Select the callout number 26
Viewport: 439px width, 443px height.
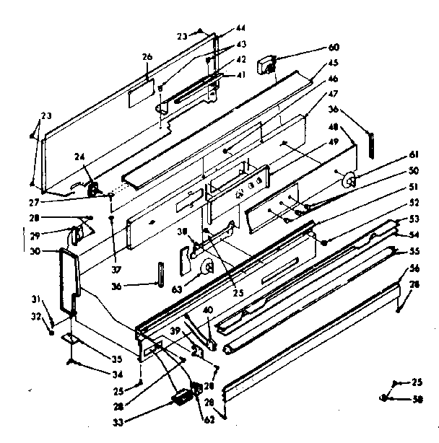point(147,57)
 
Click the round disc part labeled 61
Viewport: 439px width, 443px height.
point(350,181)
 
